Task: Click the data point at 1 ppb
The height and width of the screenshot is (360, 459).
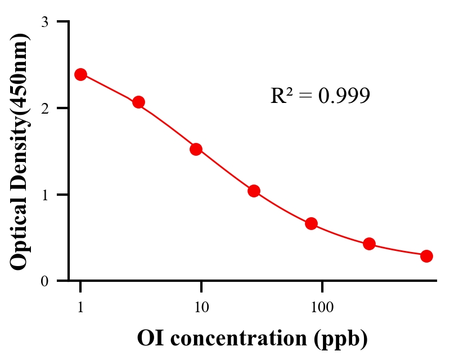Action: pos(80,74)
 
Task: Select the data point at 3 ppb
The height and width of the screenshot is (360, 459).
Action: pos(138,102)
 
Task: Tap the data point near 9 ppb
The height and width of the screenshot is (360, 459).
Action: pos(196,149)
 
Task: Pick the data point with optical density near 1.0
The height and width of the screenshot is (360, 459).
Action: pos(254,191)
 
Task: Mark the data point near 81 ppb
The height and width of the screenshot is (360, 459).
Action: pos(311,223)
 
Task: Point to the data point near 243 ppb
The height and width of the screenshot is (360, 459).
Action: pos(369,244)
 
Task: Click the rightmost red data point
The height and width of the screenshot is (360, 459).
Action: pos(426,256)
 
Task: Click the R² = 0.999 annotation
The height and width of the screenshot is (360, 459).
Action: pos(320,96)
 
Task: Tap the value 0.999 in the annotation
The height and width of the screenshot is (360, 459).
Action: pos(344,96)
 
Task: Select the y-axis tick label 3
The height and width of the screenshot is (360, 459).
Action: pos(44,22)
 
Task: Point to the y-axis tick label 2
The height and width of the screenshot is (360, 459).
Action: pos(44,108)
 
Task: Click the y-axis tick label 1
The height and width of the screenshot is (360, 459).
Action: pos(44,195)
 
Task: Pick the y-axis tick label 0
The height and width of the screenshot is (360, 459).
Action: pos(44,281)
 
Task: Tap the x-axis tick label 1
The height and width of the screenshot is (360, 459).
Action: pos(80,307)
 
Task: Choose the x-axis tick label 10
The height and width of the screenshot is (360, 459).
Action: pos(201,307)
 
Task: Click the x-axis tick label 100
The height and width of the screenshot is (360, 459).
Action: pos(322,307)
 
